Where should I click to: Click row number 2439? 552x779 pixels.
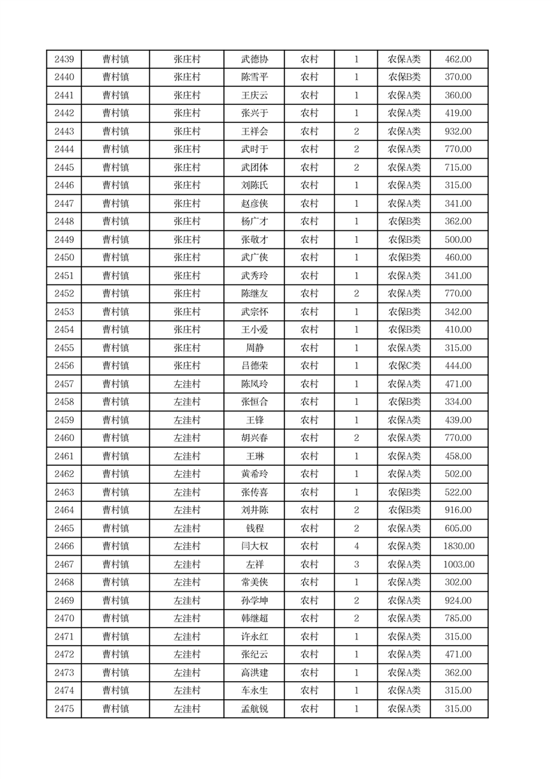coord(64,60)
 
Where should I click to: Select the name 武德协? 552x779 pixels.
coord(254,60)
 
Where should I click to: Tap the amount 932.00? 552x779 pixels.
coord(458,132)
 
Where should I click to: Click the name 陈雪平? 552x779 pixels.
coord(254,78)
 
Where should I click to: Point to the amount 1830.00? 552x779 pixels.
coord(458,546)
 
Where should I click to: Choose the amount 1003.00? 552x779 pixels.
coord(458,564)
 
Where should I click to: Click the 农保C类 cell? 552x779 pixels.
coord(404,366)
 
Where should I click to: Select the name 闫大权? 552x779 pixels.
coord(254,546)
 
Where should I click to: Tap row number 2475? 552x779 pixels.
coord(64,709)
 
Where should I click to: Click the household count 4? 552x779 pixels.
coord(356,546)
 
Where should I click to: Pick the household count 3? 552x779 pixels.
coord(356,564)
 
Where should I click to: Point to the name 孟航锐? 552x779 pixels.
coord(254,709)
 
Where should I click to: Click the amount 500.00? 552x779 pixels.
coord(458,240)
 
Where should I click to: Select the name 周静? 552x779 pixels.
coord(254,348)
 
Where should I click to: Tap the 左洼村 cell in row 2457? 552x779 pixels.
coord(187,384)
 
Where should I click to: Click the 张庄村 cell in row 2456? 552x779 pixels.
coord(187,366)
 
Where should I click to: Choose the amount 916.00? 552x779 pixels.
coord(458,510)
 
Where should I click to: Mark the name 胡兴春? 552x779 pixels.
coord(254,438)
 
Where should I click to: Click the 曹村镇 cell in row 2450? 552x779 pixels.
coord(115,258)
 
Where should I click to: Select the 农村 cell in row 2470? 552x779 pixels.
coord(309,619)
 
